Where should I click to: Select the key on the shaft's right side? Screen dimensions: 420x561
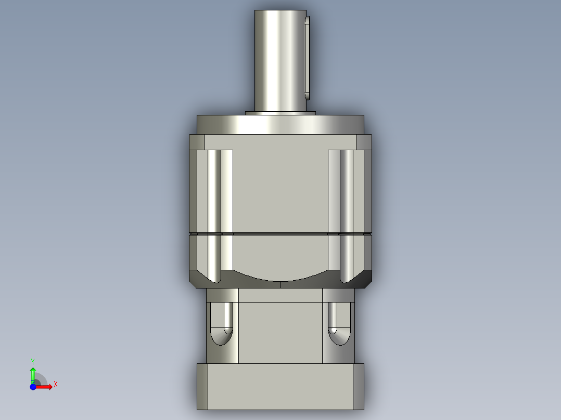click(307, 57)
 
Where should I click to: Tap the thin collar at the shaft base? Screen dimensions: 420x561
click(280, 113)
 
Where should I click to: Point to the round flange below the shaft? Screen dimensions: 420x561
click(280, 125)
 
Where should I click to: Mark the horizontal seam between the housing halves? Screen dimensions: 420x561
click(280, 233)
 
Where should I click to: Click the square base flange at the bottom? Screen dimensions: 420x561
click(280, 387)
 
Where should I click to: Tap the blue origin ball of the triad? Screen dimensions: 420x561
click(33, 387)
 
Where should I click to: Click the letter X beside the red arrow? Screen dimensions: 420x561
click(56, 385)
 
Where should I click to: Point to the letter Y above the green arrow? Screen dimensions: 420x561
click(32, 361)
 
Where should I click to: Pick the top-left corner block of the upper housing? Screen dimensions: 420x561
click(197, 142)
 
